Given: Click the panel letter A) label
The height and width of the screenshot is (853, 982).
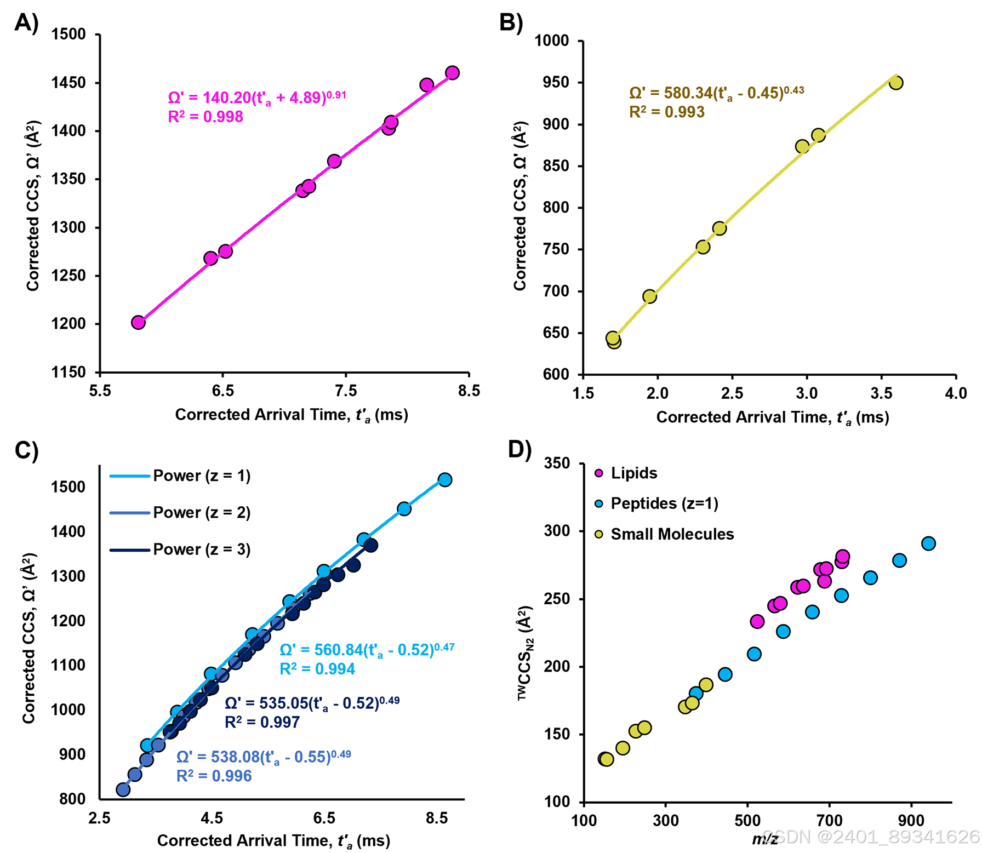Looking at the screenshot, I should click(x=26, y=23).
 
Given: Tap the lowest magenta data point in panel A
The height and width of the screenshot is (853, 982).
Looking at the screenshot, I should click(x=138, y=322).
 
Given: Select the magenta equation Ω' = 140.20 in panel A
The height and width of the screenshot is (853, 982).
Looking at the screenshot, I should click(x=256, y=97).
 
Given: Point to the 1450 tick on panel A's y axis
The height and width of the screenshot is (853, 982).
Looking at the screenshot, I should click(x=68, y=83).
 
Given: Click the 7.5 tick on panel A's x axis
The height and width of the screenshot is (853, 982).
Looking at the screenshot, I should click(x=346, y=391).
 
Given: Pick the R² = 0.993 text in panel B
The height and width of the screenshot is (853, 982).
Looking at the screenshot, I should click(x=666, y=112).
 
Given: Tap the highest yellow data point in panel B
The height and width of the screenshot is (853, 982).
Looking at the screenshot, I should click(x=895, y=83).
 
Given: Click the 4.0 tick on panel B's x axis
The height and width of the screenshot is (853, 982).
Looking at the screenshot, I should click(x=956, y=393).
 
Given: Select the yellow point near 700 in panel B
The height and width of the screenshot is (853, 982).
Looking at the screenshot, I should click(x=649, y=296).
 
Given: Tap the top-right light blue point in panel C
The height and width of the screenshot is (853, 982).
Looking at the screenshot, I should click(x=445, y=479).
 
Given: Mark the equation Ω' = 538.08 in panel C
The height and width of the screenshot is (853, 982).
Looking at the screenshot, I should click(x=264, y=757).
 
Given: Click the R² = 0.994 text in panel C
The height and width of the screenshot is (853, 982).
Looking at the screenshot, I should click(x=317, y=669).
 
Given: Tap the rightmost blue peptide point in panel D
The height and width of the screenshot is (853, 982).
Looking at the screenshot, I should click(x=928, y=543).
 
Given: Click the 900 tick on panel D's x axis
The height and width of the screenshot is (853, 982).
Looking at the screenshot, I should click(x=911, y=821).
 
